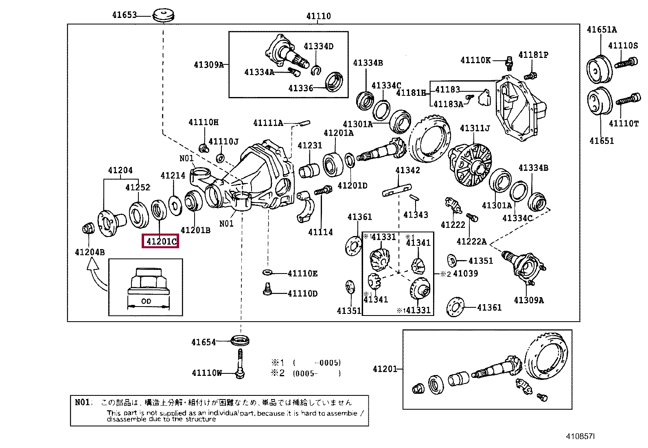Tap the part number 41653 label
tap(125, 15)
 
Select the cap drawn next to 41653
tap(164, 15)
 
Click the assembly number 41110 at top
tap(318, 16)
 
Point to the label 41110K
tap(475, 60)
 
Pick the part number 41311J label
tap(475, 128)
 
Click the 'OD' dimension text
tap(146, 301)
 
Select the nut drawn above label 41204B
tap(88, 228)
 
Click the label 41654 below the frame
tap(204, 342)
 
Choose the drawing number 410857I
tap(580, 437)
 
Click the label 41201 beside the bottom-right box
tap(385, 369)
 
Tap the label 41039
tap(466, 273)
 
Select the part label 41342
tap(407, 170)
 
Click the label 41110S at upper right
tap(623, 46)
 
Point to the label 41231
tap(310, 145)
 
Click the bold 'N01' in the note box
tap(82, 402)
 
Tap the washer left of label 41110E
tap(267, 272)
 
